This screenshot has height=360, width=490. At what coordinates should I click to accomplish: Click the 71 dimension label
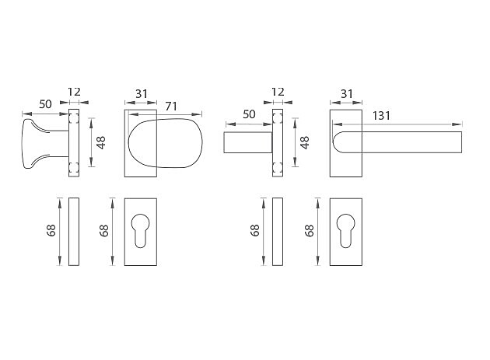[x=171, y=107]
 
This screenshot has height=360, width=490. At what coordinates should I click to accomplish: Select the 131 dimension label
[x=381, y=116]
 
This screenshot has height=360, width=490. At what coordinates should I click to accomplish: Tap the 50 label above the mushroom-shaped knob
[x=45, y=104]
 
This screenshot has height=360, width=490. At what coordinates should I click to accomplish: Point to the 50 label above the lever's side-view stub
[x=249, y=114]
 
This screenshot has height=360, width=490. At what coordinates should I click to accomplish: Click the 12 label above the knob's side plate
[x=74, y=92]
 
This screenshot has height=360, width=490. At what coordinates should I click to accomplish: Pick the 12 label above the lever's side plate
[x=278, y=92]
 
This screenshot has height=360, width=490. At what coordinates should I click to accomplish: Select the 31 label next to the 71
[x=142, y=94]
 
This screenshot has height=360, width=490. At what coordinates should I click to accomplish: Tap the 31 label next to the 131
[x=347, y=94]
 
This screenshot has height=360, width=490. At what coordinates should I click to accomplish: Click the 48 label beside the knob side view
[x=101, y=142]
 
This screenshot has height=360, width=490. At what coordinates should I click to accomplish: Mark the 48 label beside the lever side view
[x=305, y=142]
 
